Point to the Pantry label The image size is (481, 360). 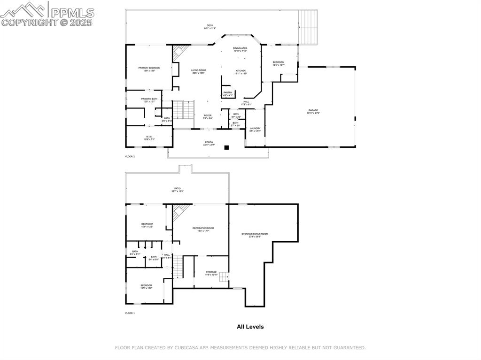tap(228, 93)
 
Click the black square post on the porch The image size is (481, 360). tap(226, 147)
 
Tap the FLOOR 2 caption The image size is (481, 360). tap(130, 156)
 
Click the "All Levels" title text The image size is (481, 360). tap(250, 327)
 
